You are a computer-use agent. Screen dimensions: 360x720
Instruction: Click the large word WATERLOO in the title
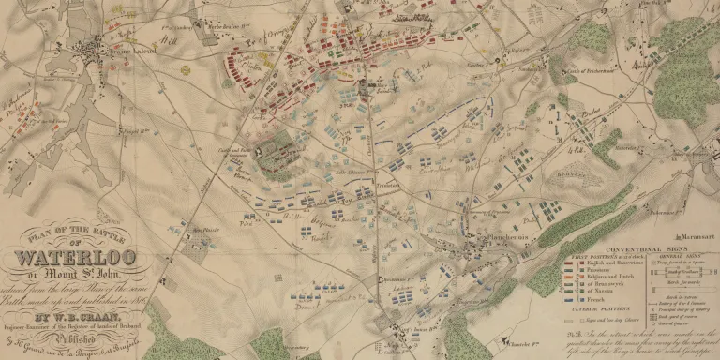(x=75, y=257)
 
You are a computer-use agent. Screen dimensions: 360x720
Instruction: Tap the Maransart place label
(x=693, y=230)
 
